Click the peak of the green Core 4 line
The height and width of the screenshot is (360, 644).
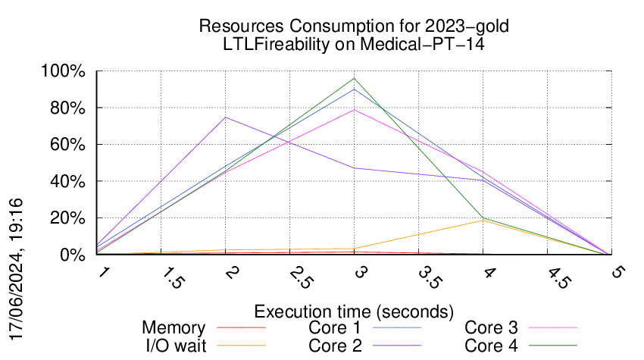[x=354, y=78]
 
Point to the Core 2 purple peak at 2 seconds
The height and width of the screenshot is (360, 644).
[x=226, y=117]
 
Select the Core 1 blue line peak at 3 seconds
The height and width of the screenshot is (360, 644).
[x=354, y=89]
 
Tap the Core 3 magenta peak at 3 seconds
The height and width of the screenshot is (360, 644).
[x=354, y=110]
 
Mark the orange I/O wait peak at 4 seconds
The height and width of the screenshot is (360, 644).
[x=483, y=221]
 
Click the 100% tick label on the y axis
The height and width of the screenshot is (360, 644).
[x=63, y=71]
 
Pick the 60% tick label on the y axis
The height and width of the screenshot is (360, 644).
[x=67, y=145]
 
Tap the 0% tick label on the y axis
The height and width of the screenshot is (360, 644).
[x=73, y=255]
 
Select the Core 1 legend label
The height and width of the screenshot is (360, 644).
[x=335, y=328]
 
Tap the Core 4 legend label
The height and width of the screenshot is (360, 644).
[x=491, y=346]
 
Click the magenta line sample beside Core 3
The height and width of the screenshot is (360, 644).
[x=553, y=327]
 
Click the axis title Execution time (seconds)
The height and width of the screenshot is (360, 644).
[x=354, y=311]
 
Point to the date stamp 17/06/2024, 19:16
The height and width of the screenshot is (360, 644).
[x=16, y=269]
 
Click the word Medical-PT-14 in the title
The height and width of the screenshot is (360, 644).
[x=422, y=44]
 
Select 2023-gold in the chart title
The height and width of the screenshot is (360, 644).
[x=467, y=27]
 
